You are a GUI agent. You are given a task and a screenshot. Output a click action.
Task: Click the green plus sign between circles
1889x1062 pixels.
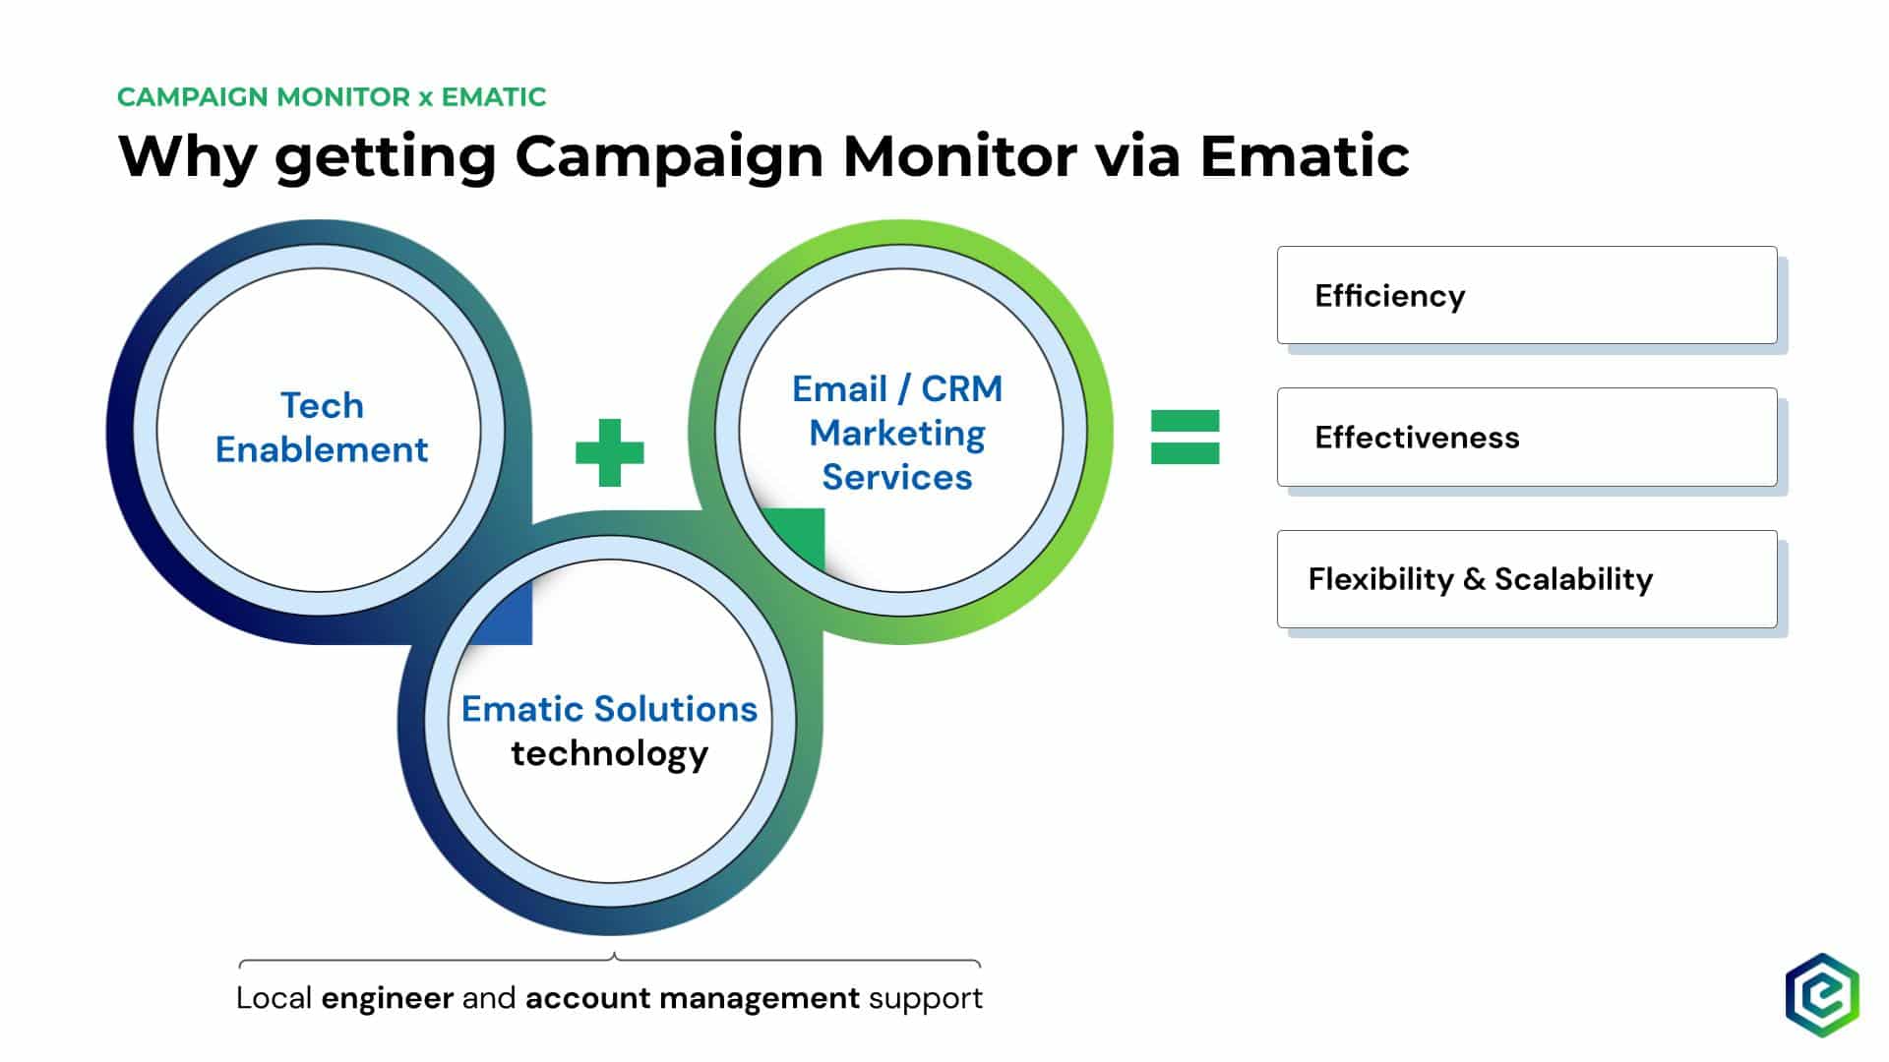(610, 452)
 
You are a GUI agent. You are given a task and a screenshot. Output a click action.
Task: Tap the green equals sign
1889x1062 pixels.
(1186, 437)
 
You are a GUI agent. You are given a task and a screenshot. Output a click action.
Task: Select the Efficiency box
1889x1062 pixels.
(1527, 295)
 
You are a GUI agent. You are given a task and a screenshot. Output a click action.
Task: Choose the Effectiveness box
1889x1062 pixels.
(1527, 437)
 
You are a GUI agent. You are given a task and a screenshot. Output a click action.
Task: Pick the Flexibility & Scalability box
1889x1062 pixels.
(1527, 579)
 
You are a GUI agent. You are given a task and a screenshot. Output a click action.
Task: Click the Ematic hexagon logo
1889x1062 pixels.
(1822, 995)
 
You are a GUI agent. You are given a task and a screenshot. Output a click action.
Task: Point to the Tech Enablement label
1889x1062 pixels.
(322, 427)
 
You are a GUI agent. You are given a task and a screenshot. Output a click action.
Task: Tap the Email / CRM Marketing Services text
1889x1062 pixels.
(897, 433)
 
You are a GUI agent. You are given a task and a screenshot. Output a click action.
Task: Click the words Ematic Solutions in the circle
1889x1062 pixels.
(609, 708)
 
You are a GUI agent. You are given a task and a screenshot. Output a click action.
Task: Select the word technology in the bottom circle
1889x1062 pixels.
(609, 754)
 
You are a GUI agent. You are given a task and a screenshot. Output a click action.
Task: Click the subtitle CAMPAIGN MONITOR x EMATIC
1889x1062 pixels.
(332, 96)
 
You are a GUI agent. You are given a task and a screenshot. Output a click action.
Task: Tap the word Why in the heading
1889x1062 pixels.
(187, 155)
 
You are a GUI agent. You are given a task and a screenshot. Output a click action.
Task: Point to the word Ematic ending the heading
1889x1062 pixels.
(1305, 155)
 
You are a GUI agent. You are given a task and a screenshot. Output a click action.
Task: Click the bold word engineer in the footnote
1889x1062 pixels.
(387, 998)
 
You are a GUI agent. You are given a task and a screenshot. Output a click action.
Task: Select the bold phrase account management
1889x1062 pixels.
(693, 998)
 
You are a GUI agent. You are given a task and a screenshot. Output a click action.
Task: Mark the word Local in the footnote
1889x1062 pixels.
(274, 998)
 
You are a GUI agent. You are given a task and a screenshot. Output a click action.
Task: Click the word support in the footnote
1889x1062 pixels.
(926, 999)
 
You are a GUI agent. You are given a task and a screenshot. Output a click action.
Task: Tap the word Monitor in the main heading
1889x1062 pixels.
(959, 155)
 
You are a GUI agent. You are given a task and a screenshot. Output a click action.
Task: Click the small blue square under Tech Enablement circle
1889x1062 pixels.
(501, 613)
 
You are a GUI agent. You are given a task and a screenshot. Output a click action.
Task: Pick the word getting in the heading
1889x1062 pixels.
(386, 157)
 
